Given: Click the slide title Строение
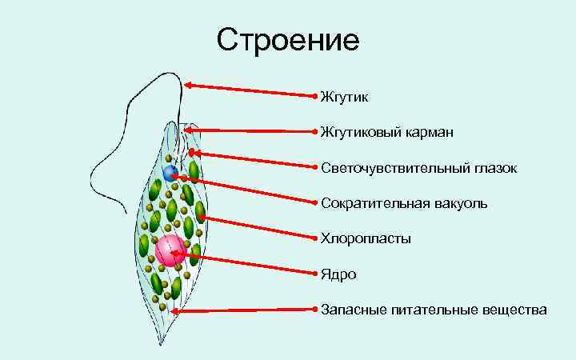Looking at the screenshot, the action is pyautogui.click(x=289, y=38).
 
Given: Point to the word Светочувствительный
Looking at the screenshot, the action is pyautogui.click(x=387, y=168).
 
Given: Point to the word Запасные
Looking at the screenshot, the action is pyautogui.click(x=351, y=309).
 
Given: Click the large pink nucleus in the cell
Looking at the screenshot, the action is pyautogui.click(x=170, y=251).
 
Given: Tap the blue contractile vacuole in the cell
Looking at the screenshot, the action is pyautogui.click(x=170, y=173).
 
